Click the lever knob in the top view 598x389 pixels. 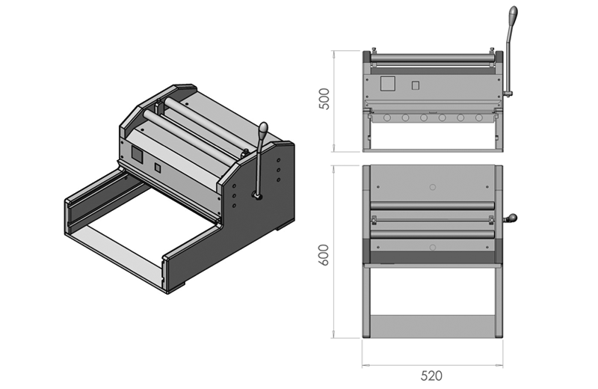click(512, 219)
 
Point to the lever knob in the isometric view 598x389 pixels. click(263, 129)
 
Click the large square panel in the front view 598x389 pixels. click(387, 82)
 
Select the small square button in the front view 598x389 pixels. click(416, 86)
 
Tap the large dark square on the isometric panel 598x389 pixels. click(138, 154)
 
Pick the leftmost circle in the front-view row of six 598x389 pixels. click(386, 117)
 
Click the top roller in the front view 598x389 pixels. click(432, 57)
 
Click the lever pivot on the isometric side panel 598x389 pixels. click(257, 196)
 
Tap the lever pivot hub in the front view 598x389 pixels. click(508, 94)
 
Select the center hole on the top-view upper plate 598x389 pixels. click(433, 185)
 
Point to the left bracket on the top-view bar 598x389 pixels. click(374, 218)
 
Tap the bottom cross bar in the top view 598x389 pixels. click(433, 325)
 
